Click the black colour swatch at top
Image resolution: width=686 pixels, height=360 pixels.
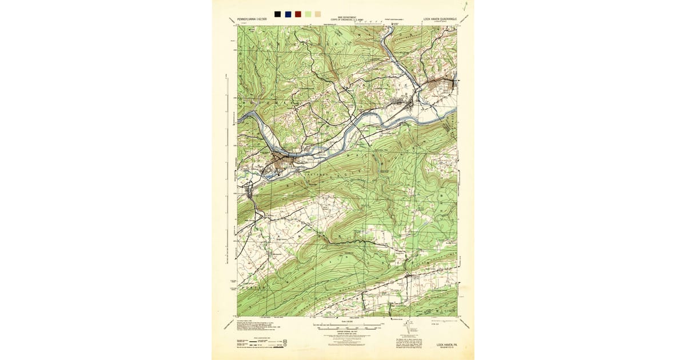pyautogui.click(x=277, y=14)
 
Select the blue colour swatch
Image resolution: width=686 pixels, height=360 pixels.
pyautogui.click(x=288, y=14)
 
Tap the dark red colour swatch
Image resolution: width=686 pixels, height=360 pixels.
pyautogui.click(x=298, y=14)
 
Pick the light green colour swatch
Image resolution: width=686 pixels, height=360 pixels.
pyautogui.click(x=308, y=14)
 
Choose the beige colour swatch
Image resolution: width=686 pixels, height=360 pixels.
pyautogui.click(x=318, y=14)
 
